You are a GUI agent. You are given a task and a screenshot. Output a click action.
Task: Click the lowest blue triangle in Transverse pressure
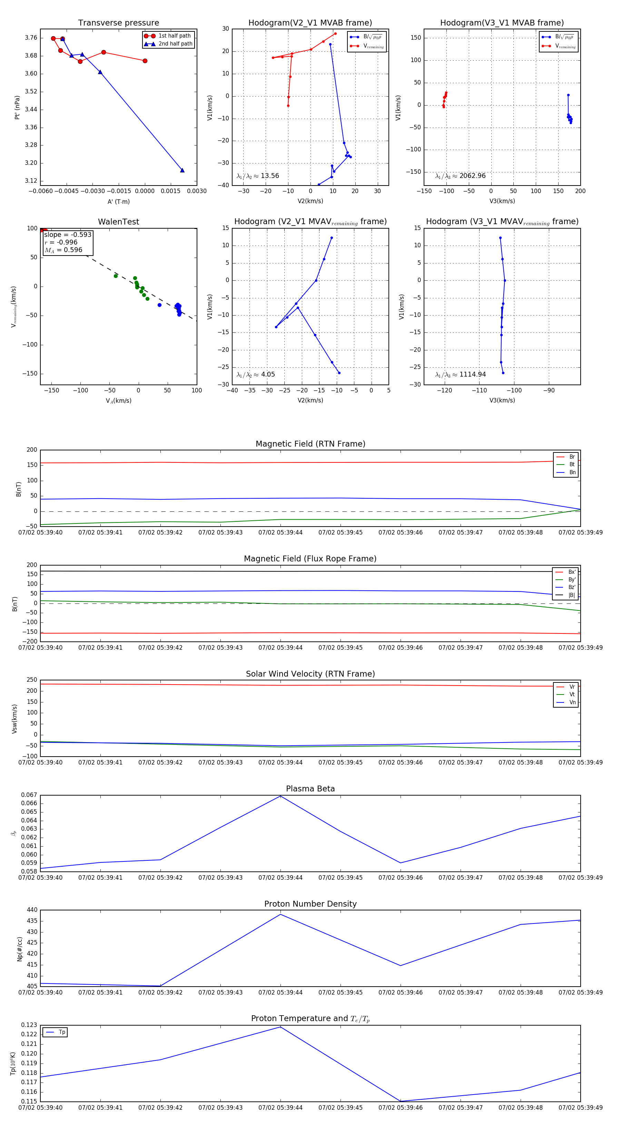182,170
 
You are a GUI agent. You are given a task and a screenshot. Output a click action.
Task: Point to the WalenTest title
118,222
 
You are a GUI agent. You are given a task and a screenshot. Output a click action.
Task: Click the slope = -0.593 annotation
68,234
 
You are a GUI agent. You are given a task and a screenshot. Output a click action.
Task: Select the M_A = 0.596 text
63,250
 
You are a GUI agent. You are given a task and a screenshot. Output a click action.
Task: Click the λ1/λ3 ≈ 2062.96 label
460,176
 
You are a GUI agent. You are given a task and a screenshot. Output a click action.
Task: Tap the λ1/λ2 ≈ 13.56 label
258,176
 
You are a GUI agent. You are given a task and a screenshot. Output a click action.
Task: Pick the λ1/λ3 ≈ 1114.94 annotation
460,375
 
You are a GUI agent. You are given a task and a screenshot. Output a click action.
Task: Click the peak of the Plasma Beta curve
280,796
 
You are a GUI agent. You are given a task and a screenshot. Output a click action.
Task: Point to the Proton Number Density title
310,904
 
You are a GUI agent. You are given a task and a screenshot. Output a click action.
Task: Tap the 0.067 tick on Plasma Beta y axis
29,795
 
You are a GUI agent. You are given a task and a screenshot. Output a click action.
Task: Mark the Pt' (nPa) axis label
17,107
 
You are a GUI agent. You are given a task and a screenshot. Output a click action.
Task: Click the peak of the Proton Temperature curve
280,1027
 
